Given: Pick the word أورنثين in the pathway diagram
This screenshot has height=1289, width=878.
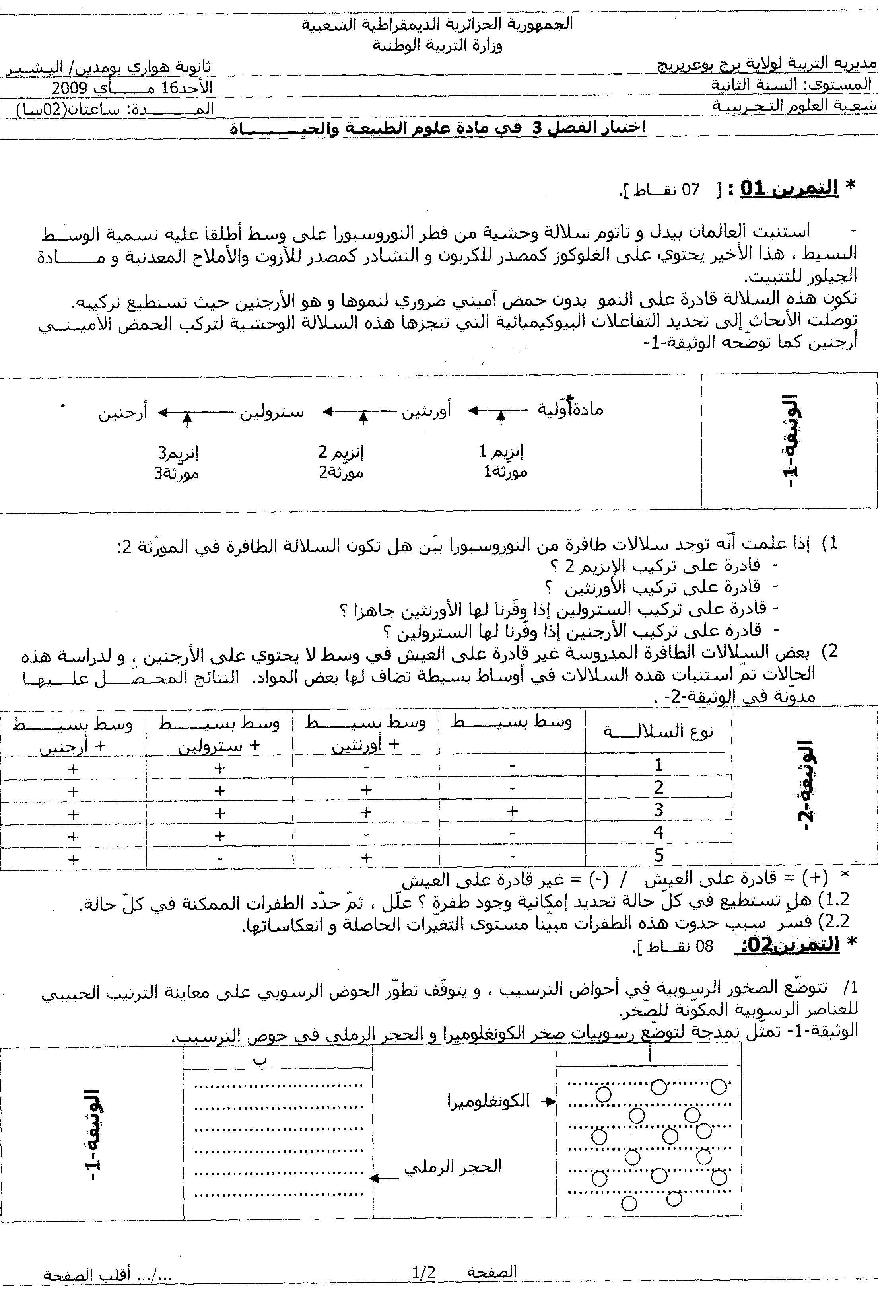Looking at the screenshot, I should click(426, 411).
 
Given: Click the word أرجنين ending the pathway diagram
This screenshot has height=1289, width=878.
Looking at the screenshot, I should click(123, 413).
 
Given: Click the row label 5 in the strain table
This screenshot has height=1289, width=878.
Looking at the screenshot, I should click(658, 855).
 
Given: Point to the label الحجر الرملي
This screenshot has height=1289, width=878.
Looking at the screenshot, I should click(452, 1166).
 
